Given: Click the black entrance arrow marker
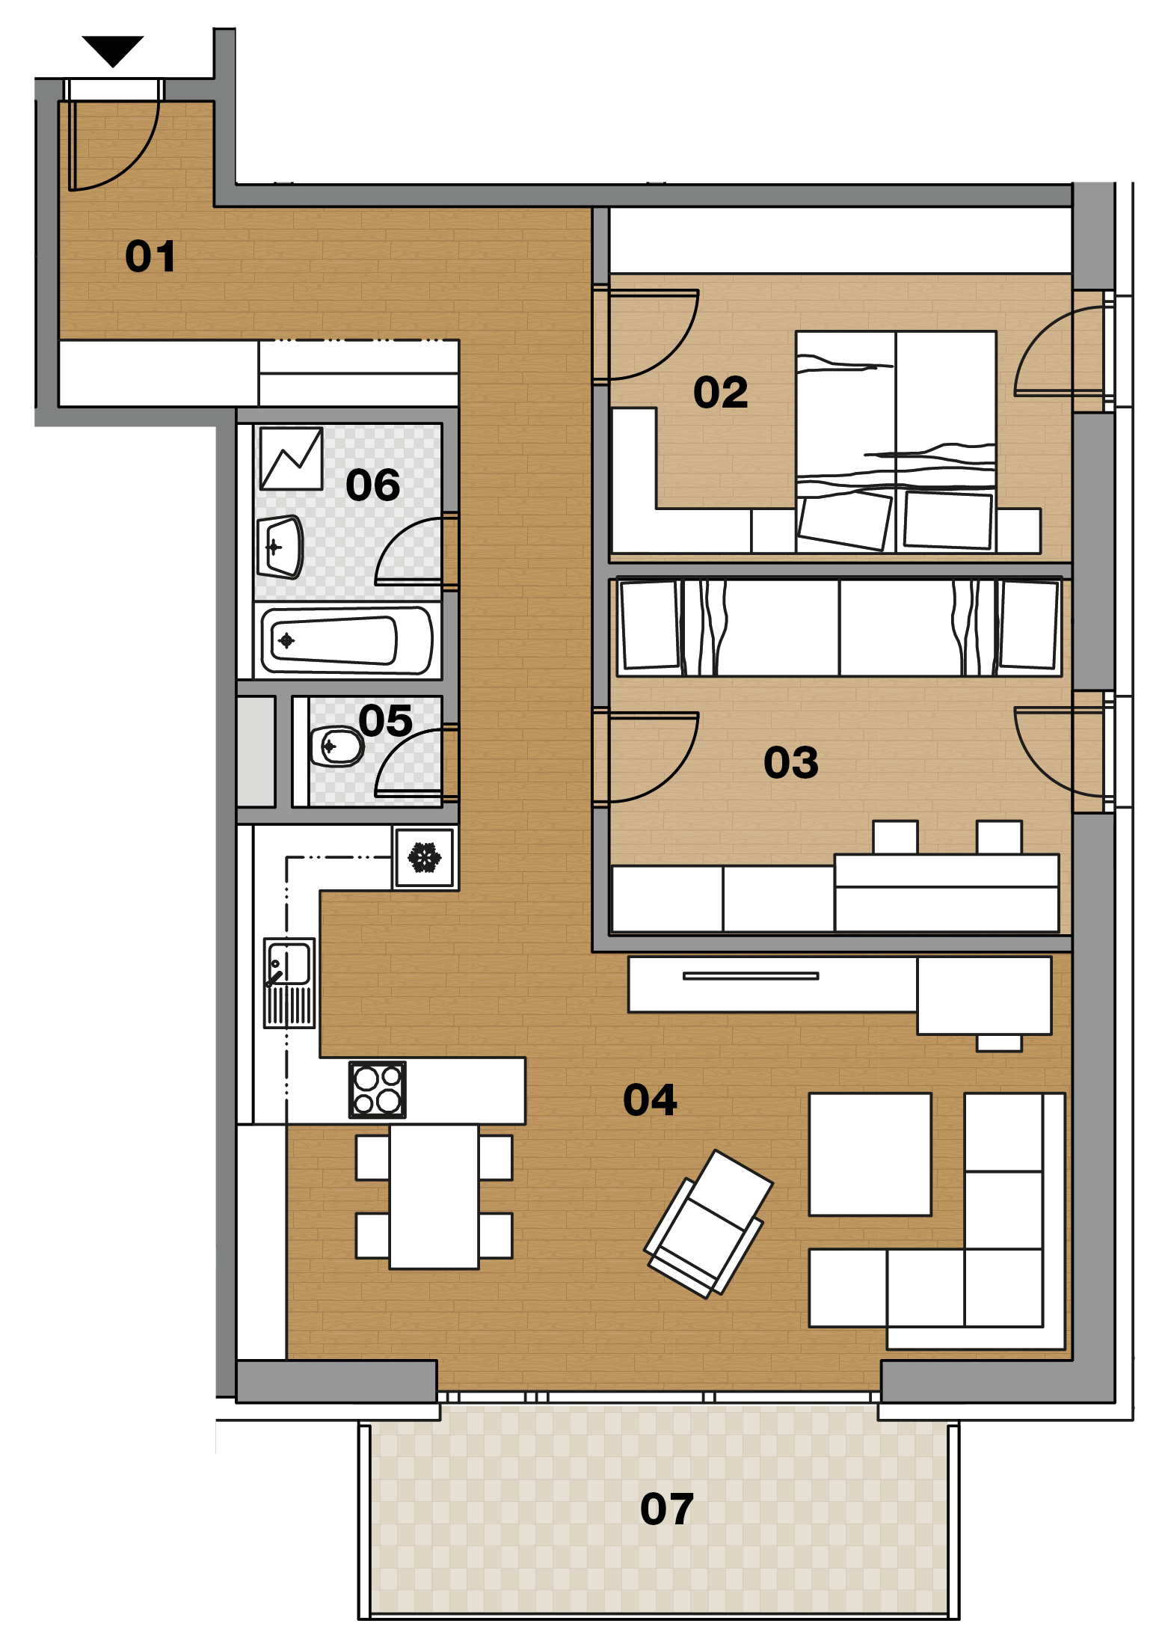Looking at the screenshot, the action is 113,50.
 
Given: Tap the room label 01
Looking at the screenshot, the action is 150,257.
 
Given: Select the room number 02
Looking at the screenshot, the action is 720,393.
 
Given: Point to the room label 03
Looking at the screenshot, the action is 790,763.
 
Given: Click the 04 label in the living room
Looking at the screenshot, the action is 650,1100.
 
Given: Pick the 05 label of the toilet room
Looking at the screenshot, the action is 385,720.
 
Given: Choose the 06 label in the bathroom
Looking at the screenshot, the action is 372,485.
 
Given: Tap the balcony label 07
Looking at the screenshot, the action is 666,1509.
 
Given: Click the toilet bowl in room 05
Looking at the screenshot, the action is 336,746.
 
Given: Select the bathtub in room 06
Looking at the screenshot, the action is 347,640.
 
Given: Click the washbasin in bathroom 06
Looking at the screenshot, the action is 280,547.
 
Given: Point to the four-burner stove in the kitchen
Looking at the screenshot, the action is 378,1090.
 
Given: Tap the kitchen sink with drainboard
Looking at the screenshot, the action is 289,983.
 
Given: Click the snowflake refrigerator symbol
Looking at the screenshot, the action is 425,857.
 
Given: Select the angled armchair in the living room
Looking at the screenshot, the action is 708,1224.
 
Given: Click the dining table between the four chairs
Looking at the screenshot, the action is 434,1197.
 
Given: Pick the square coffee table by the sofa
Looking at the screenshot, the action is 870,1154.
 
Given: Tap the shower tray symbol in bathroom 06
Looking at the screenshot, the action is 291,458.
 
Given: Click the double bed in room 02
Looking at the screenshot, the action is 896,442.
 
